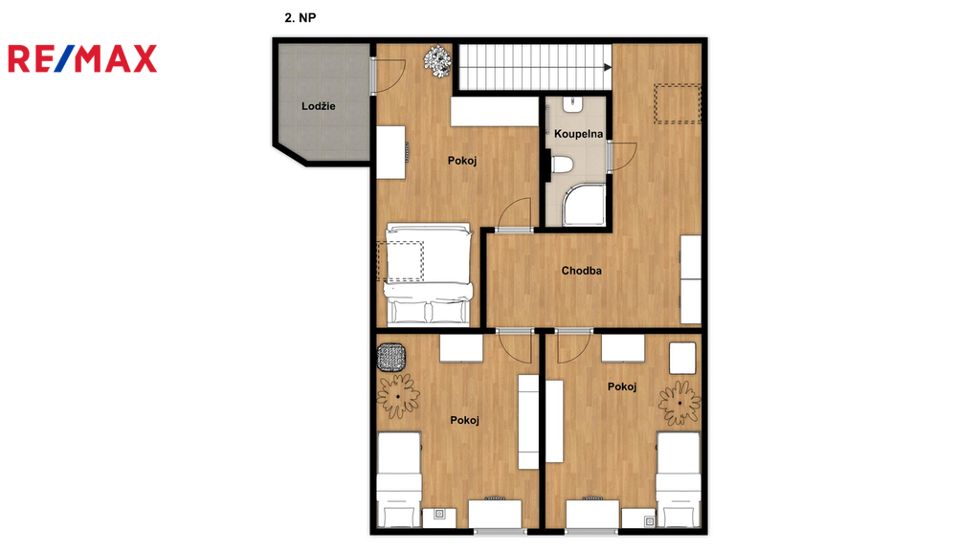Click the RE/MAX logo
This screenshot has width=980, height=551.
pos(82,58)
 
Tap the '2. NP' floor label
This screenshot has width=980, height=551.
pos(300,17)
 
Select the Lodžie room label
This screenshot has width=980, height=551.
pos(318,106)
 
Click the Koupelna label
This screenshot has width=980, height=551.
pos(578,134)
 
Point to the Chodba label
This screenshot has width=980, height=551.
pos(581,271)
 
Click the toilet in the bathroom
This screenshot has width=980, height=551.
pos(562,165)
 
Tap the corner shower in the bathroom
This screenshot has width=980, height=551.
pos(584,205)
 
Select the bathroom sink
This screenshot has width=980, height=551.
pos(572,104)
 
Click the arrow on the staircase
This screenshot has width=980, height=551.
pos(608,68)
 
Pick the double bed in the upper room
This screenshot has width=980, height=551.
pos(429,275)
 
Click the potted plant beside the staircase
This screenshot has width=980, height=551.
pos(437,60)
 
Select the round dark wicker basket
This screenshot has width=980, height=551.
pos(391,358)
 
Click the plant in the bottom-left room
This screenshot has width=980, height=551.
pos(398,396)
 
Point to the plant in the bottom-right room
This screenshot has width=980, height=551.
pos(679,403)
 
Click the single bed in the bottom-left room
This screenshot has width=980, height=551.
pos(399,480)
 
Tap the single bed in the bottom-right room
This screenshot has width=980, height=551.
pos(679,480)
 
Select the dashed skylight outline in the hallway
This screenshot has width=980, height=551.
pos(678,103)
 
